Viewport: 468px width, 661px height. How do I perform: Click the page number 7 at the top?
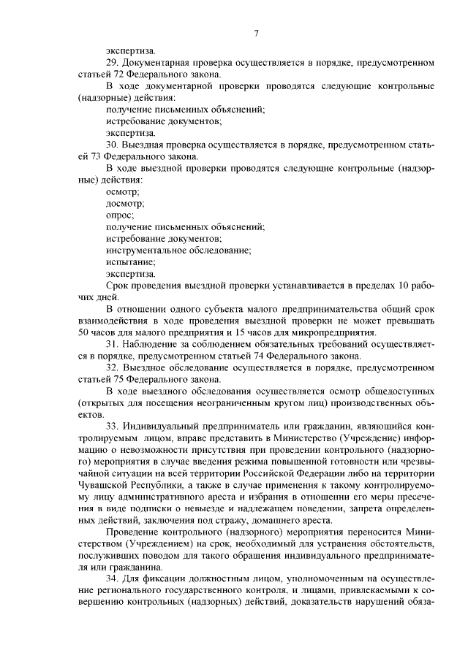(257, 32)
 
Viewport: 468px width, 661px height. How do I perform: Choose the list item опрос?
(120, 215)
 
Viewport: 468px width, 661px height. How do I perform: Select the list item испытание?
(130, 261)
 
